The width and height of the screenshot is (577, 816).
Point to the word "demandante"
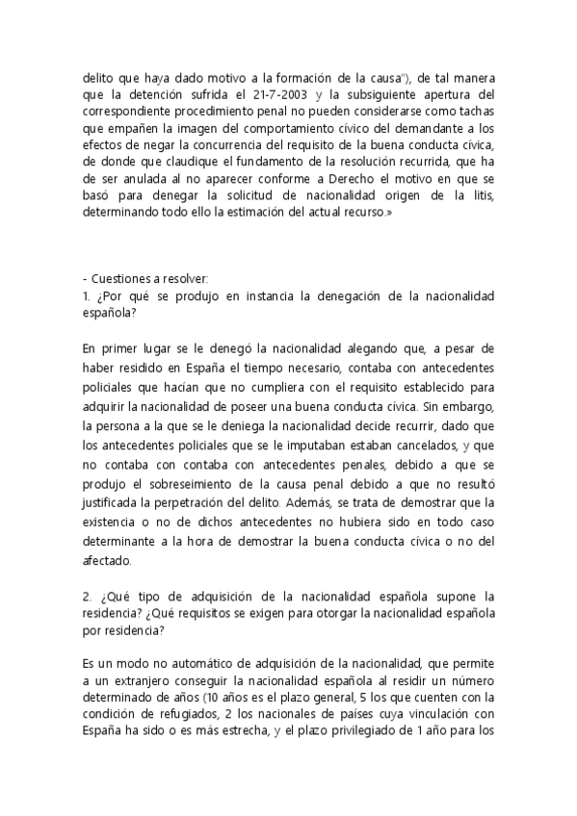[416, 128]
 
